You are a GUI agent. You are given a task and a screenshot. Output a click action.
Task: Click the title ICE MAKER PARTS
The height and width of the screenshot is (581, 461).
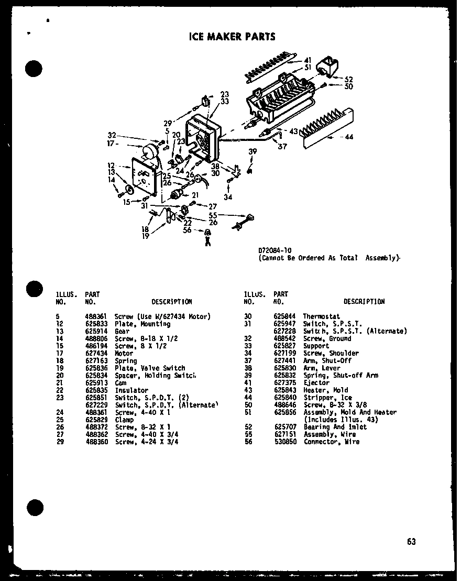coord(232,37)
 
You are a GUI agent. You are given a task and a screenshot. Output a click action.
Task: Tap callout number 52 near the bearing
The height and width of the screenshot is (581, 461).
coord(349,80)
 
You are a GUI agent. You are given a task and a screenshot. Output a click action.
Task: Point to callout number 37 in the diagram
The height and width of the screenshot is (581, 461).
coord(282,147)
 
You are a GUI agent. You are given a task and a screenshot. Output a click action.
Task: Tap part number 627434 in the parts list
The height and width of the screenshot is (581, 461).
coord(95,354)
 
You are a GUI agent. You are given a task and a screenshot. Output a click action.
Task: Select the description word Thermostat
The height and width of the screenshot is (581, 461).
coord(321,316)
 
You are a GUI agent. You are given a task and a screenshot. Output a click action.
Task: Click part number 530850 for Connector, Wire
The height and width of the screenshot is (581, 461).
coord(284,442)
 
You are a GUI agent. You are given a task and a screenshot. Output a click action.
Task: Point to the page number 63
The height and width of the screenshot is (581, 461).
coord(411,541)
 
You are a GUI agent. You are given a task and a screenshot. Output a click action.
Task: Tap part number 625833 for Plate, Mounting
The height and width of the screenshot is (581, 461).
coord(95,324)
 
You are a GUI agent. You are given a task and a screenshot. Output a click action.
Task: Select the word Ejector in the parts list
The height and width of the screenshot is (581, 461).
coord(316,383)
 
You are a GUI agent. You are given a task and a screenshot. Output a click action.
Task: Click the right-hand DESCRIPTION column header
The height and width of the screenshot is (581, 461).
coord(364,302)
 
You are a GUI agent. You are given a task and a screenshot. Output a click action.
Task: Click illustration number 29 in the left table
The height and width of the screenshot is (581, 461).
coord(57,442)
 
